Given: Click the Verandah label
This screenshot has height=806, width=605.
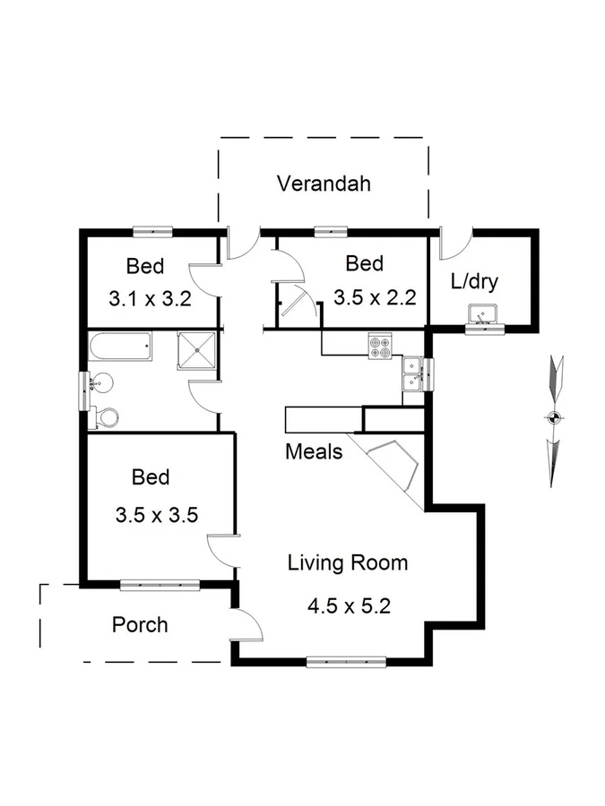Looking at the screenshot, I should [x=324, y=184].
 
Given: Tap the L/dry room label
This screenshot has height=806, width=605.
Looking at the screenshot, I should [x=474, y=281].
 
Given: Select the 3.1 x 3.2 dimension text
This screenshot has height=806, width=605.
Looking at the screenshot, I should [x=151, y=299].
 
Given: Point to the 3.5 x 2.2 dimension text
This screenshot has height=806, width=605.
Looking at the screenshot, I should [x=375, y=298].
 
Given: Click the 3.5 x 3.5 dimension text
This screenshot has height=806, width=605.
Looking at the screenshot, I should [x=156, y=515].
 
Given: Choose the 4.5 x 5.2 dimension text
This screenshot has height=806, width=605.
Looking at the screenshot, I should [x=349, y=605].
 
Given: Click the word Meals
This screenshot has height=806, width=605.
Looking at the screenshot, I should [x=314, y=451].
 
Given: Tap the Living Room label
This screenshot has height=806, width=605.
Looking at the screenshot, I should [x=348, y=563].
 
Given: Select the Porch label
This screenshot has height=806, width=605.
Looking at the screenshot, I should [x=140, y=624].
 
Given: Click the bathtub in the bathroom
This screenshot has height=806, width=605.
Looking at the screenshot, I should [x=122, y=347].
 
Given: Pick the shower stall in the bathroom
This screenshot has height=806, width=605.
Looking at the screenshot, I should [x=197, y=349].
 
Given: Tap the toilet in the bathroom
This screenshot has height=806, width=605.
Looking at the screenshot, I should [x=106, y=417].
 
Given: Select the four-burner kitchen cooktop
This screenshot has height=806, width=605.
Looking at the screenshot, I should [x=380, y=346].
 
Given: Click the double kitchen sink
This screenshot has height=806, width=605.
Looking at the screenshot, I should [x=413, y=373].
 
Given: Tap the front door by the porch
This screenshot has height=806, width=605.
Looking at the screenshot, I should [x=244, y=623].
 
